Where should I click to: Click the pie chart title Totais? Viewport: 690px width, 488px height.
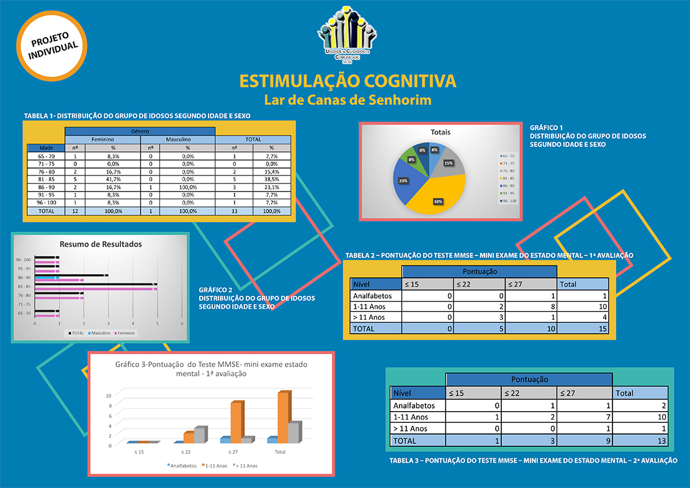440,132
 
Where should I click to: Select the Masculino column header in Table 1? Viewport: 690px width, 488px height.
177,140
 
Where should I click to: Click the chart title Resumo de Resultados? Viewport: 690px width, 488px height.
101,244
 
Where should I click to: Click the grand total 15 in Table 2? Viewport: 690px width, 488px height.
582,329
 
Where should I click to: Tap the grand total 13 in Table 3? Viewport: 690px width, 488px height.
640,440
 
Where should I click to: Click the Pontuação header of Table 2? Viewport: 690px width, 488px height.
479,272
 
